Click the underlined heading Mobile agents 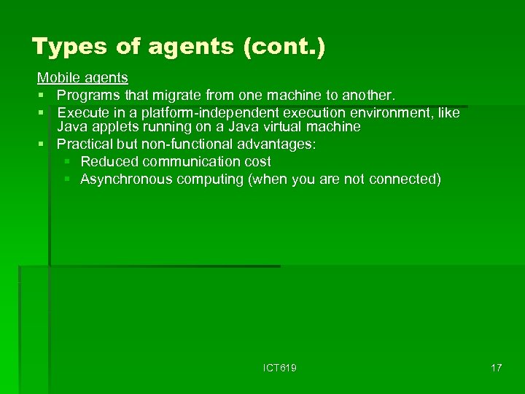82,77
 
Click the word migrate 176,96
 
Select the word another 366,96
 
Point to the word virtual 284,127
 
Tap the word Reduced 109,161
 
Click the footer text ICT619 280,368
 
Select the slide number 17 496,368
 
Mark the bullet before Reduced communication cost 67,161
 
